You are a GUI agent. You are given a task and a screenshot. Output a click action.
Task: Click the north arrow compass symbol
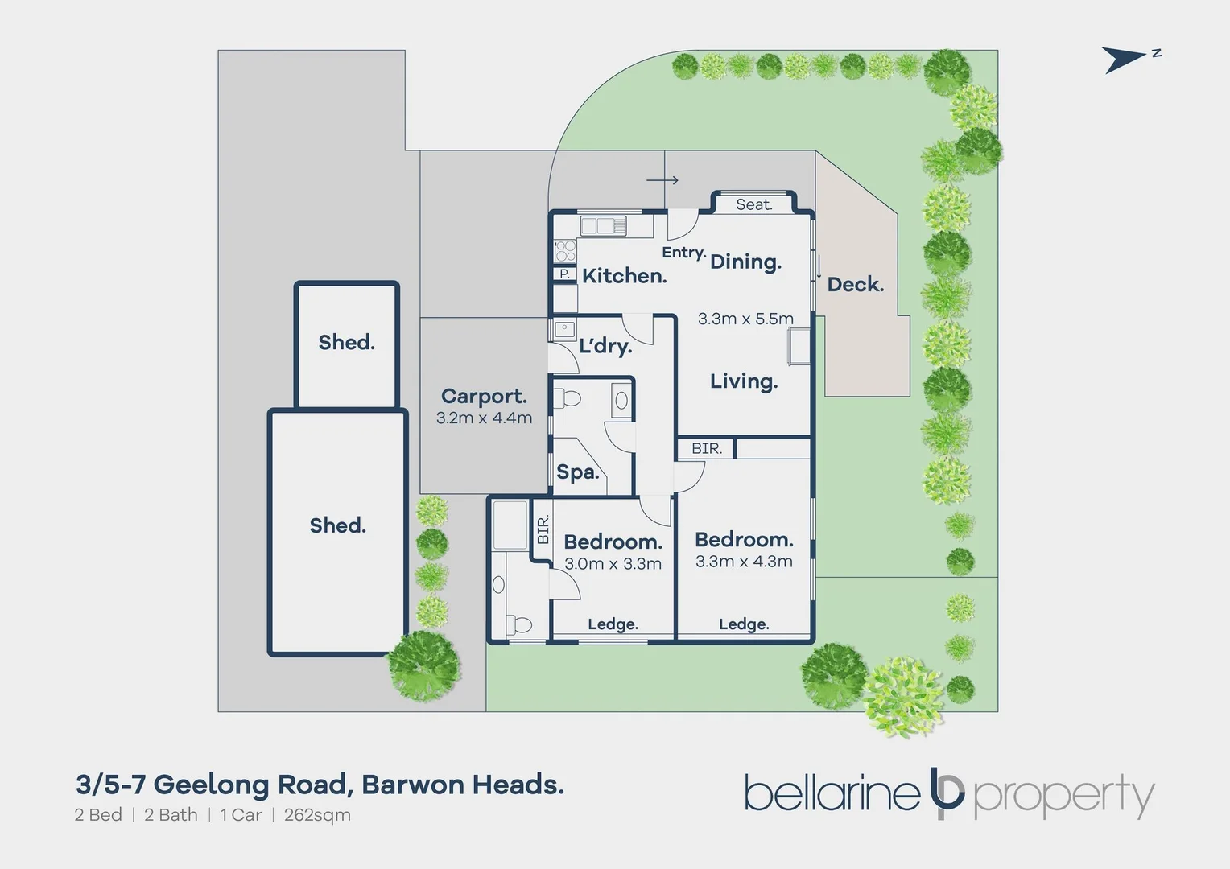1125,60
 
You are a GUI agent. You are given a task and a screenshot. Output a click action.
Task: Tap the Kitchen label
624,276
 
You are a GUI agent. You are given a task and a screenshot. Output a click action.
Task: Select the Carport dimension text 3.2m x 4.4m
484,418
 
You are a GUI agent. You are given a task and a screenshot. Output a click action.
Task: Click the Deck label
855,284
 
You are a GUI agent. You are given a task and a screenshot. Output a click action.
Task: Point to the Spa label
578,472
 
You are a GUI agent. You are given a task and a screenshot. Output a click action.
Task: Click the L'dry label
605,346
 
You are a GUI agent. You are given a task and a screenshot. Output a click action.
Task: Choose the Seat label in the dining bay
753,205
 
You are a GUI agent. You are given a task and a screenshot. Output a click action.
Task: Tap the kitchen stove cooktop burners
565,251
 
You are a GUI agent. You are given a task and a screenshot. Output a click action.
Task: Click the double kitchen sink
603,226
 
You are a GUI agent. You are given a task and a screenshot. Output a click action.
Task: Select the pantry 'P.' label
564,274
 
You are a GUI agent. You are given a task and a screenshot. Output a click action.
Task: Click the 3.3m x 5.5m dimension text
745,319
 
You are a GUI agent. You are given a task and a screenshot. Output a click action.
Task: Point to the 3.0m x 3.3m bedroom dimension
613,564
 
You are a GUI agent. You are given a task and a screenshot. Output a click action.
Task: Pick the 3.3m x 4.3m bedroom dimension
744,562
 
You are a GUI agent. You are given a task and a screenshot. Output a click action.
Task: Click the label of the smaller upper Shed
346,342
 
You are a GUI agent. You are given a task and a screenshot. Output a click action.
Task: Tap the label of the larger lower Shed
338,525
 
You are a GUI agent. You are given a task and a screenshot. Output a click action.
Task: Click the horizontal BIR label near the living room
707,448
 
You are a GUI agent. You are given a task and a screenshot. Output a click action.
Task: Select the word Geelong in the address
212,784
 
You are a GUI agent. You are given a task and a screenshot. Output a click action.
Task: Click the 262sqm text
317,815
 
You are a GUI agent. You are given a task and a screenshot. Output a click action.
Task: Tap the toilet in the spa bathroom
571,398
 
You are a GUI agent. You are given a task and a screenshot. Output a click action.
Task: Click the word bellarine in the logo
832,793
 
